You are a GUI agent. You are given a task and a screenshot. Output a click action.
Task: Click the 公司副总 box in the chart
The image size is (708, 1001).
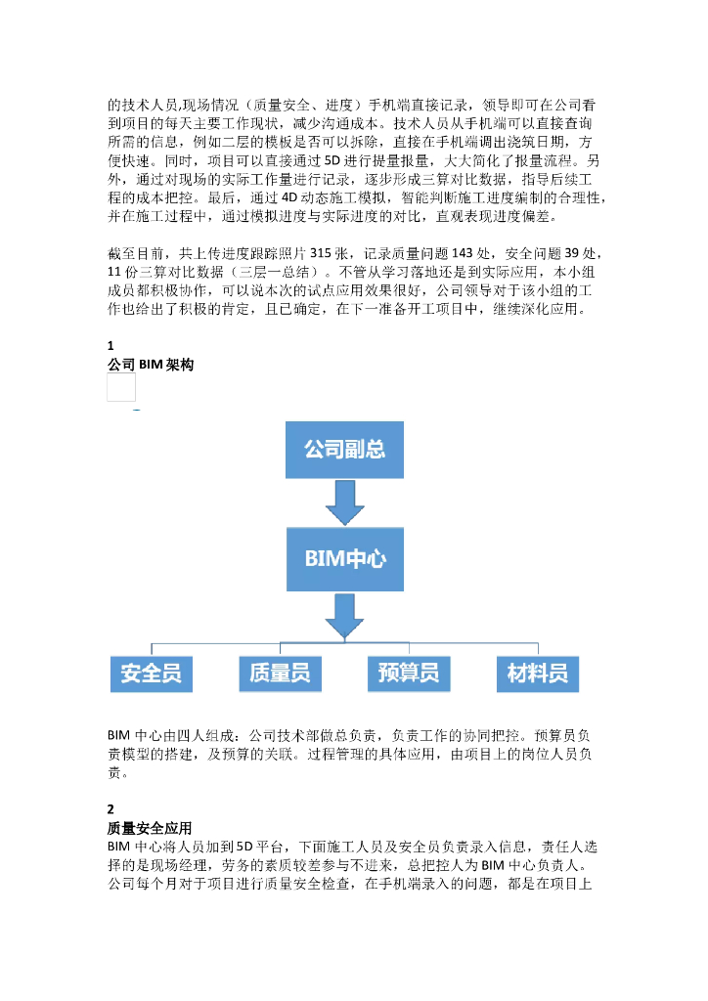pos(343,450)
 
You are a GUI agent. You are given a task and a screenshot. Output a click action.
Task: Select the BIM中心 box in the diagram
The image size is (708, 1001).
pos(343,560)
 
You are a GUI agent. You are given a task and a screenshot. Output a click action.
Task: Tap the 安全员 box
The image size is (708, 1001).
pos(151,674)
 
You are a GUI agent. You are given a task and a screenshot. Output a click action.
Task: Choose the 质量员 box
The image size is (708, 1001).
pos(280,674)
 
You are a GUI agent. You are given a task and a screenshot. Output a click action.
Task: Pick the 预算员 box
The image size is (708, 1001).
pos(409,674)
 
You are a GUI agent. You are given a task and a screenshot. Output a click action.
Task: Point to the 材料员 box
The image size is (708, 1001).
pos(538,674)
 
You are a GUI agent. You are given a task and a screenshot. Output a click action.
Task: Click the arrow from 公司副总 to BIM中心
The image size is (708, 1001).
pos(344,501)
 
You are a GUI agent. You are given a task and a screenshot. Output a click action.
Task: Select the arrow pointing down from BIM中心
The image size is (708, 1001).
pos(344,614)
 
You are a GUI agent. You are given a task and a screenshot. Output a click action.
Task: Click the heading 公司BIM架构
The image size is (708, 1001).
pos(151,365)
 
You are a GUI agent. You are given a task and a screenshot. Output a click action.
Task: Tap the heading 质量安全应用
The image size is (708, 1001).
pos(150,827)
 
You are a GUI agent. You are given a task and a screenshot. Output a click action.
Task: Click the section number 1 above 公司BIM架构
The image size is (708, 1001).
pos(111,346)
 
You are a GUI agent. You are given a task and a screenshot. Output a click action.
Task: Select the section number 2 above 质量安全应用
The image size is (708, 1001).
pos(111,809)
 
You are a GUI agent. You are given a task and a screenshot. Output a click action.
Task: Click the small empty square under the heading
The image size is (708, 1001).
pos(121,388)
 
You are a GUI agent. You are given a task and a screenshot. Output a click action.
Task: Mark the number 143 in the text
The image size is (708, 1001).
pos(449,251)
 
